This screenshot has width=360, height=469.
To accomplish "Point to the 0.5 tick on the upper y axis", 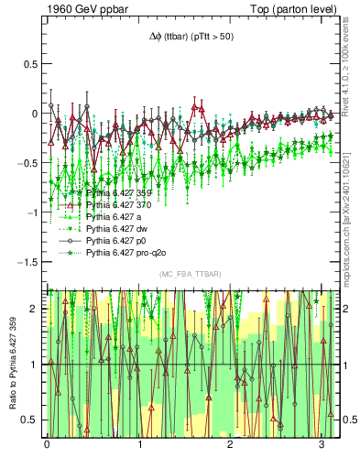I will click(x=29, y=65).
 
